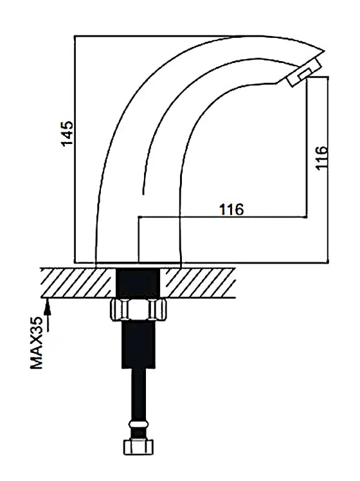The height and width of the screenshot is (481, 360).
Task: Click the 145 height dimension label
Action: (x=67, y=133)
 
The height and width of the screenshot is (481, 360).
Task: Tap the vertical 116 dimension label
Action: (x=322, y=158)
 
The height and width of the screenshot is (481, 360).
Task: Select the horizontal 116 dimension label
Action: (x=231, y=210)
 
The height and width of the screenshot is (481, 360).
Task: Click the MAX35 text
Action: (x=37, y=343)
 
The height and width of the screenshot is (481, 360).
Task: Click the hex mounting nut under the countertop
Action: (x=139, y=310)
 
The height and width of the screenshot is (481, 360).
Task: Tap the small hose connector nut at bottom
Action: (x=139, y=448)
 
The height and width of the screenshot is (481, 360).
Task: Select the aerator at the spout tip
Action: (x=304, y=73)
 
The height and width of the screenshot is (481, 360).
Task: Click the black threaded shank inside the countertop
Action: (x=138, y=283)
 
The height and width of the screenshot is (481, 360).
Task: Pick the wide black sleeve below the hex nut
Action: (x=139, y=344)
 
